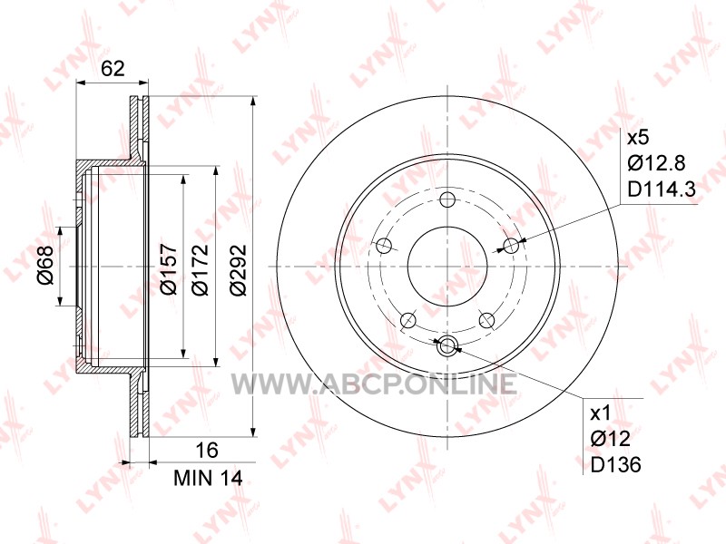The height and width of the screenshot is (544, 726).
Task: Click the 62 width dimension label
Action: [x=113, y=69]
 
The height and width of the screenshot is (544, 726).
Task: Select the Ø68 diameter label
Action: [x=46, y=265]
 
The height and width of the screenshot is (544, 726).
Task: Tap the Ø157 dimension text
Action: [x=169, y=268]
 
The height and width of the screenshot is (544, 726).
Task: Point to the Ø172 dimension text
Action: [x=201, y=269]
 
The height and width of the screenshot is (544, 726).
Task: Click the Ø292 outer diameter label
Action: [x=239, y=269]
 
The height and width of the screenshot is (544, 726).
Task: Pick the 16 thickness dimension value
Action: [x=206, y=450]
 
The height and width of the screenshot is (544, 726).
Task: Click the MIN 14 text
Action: [x=208, y=479]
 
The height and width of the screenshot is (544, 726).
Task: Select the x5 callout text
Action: [x=639, y=138]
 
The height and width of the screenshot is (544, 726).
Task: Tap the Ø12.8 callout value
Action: [x=656, y=163]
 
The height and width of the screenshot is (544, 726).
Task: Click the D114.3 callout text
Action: [x=662, y=189]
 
